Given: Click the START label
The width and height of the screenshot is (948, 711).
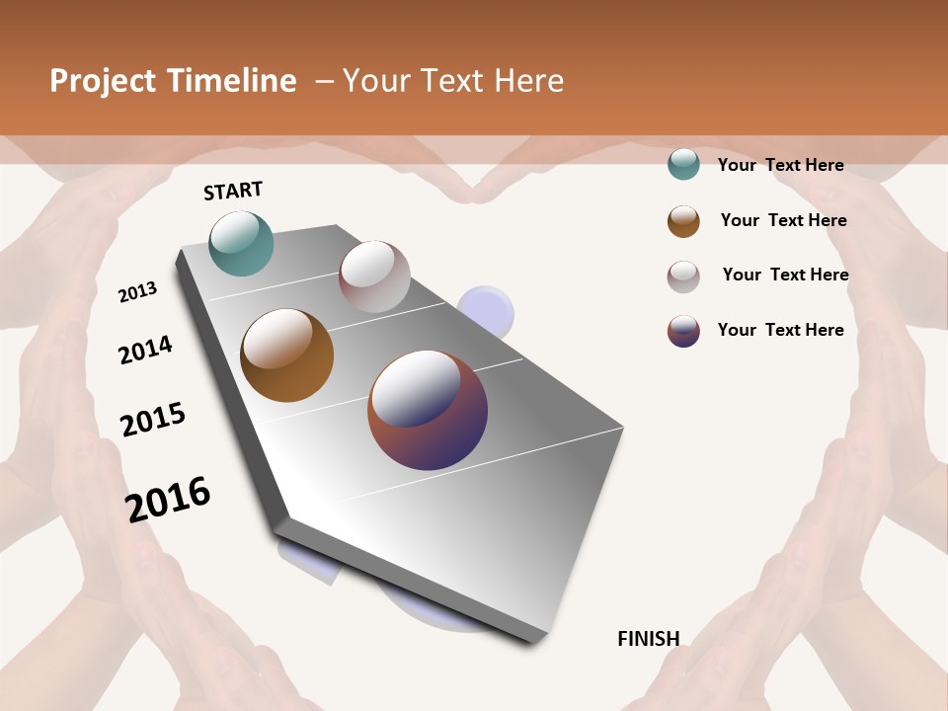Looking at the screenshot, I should coord(233,191).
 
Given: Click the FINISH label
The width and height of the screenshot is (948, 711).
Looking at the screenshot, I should coord(648,639).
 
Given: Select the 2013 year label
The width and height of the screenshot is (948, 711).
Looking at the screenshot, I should coord(138,291).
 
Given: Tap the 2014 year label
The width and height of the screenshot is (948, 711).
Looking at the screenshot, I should coord(145,350).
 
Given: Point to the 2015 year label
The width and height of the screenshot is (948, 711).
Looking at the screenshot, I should coord(153,419).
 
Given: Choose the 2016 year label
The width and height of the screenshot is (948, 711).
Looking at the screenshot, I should coord(168,499).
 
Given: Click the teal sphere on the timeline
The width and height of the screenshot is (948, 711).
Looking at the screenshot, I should coord(241,243).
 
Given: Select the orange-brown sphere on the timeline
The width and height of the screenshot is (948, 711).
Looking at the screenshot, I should coord(286,355).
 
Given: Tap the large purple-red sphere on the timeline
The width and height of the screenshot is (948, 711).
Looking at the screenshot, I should coord(428,409).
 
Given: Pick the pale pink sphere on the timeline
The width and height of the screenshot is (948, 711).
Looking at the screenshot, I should coord(374,276).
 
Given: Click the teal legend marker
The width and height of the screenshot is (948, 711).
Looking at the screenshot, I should coord(683,165).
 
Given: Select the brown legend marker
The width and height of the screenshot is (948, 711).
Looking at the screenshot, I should coord(683,221).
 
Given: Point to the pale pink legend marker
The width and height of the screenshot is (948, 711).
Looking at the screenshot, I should coord(683,276).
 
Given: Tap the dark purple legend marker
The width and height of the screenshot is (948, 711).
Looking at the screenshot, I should coord(683,331).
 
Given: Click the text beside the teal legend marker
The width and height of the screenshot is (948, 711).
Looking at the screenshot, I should coord(780,166).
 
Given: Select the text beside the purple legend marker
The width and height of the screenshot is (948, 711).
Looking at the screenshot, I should coord(780,330).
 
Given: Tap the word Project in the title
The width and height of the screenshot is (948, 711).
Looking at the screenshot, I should coord(102,81).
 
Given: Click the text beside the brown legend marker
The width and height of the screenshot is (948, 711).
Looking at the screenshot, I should coord(783,220).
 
